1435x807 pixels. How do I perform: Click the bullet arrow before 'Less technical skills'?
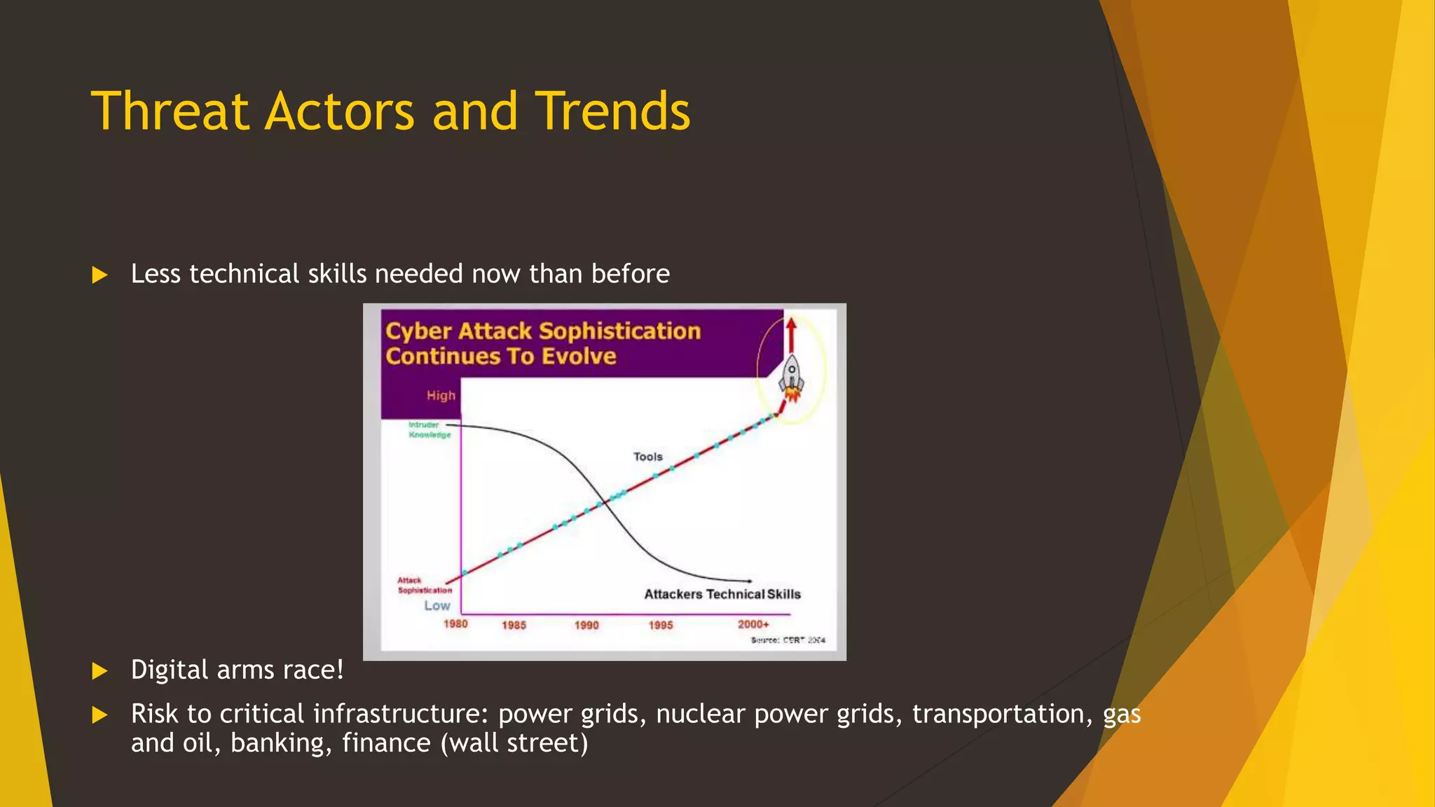99,275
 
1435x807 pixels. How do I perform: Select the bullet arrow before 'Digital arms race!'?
99,671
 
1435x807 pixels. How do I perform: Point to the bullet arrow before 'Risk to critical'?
99,715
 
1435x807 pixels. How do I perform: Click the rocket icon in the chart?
792,377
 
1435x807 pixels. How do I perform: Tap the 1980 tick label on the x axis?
455,623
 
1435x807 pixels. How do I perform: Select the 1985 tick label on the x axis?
514,625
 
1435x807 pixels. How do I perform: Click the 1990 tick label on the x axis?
586,625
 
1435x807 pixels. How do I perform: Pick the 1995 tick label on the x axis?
660,625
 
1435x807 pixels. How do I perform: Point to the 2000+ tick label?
753,624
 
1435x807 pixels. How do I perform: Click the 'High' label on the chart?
441,396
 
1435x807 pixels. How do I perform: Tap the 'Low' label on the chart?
437,606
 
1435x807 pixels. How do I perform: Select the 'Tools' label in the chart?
647,457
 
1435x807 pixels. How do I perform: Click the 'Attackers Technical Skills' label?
722,594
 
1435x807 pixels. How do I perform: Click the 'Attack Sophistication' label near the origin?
424,585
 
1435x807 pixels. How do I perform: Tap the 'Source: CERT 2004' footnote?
788,640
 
